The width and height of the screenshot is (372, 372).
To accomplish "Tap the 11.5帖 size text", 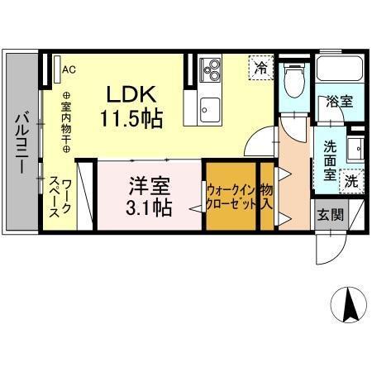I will [131, 117].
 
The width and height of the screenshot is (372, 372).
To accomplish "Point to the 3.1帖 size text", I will [150, 206].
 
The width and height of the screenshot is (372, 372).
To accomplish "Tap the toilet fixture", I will [291, 81].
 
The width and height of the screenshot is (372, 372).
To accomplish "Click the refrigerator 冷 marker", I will [261, 67].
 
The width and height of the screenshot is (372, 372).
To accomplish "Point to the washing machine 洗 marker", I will [352, 179].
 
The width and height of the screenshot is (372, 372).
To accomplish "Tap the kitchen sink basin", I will [209, 107].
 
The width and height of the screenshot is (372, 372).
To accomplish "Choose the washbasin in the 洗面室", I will [355, 149].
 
